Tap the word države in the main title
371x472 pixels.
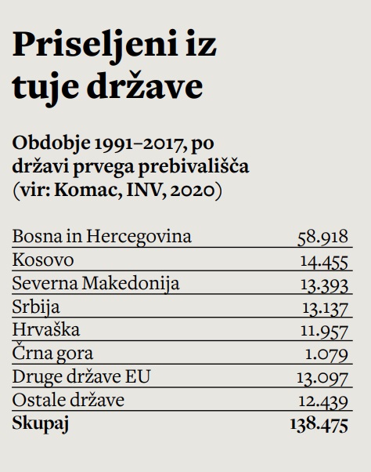(x=145, y=85)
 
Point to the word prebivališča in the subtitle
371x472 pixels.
(x=193, y=166)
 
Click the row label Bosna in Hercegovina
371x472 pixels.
(x=102, y=236)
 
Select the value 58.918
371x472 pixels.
(x=322, y=237)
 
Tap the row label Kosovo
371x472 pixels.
(x=43, y=260)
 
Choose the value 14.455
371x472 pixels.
(x=324, y=261)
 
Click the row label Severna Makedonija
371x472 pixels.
(x=95, y=283)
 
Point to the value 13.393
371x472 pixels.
(x=325, y=285)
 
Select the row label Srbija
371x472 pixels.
(x=36, y=307)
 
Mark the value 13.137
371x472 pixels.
(x=325, y=309)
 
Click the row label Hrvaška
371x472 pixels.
(x=46, y=329)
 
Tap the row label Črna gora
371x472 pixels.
(x=52, y=353)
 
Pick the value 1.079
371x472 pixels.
(x=326, y=355)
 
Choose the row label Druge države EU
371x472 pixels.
(x=81, y=376)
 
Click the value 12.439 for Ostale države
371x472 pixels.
(x=323, y=402)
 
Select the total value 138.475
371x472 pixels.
(x=319, y=424)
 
